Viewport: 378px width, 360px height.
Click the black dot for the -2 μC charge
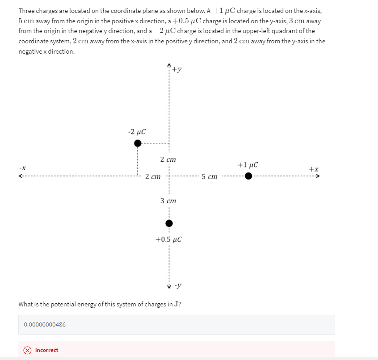pos(138,143)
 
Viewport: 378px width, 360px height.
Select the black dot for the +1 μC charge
pos(248,176)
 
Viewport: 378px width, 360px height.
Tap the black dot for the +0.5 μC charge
pos(168,223)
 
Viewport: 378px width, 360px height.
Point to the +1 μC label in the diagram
pos(248,165)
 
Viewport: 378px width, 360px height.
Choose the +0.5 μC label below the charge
pos(168,239)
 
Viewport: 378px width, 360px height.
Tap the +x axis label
pos(314,169)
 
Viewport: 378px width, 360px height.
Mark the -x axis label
pos(22,168)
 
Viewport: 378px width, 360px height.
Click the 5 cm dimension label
pos(209,177)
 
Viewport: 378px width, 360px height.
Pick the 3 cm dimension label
pos(168,201)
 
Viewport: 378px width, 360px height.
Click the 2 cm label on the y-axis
pos(168,159)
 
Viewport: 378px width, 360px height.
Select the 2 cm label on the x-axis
pos(153,177)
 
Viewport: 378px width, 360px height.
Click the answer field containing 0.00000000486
pos(176,324)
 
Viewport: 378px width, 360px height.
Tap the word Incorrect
pos(46,350)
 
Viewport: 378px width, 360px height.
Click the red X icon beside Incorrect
pos(27,350)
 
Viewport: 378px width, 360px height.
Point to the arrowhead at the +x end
pos(318,176)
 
